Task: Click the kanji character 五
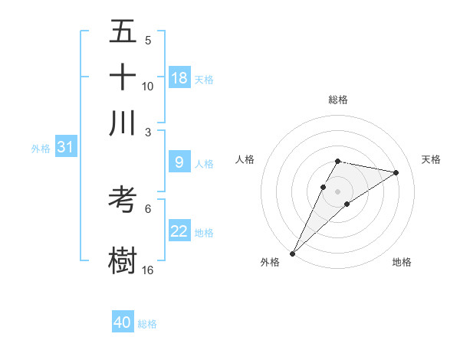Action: pyautogui.click(x=123, y=33)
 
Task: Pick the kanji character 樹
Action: pyautogui.click(x=123, y=259)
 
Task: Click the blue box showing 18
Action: pyautogui.click(x=179, y=78)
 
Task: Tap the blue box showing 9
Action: pyautogui.click(x=179, y=162)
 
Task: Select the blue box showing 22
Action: pyautogui.click(x=179, y=231)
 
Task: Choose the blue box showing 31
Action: pyautogui.click(x=65, y=148)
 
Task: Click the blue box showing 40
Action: pyautogui.click(x=123, y=322)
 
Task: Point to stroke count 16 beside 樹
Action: pyautogui.click(x=148, y=270)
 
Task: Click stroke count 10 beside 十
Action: pyautogui.click(x=148, y=86)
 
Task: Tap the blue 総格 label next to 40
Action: pyautogui.click(x=147, y=324)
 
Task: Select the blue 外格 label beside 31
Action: pyautogui.click(x=41, y=149)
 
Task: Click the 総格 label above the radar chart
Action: pyautogui.click(x=337, y=100)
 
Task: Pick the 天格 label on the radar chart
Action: pyautogui.click(x=432, y=159)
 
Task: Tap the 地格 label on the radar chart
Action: pyautogui.click(x=402, y=263)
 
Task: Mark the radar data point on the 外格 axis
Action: pyautogui.click(x=293, y=253)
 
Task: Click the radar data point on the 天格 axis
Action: pyautogui.click(x=396, y=172)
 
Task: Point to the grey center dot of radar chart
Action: pyautogui.click(x=337, y=191)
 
